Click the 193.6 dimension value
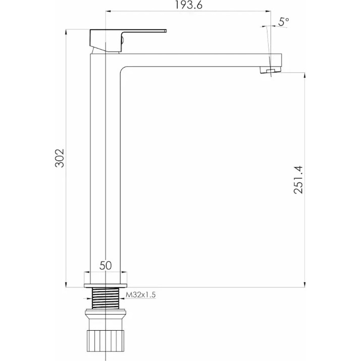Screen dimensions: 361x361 [188, 5]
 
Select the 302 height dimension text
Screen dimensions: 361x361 [60, 158]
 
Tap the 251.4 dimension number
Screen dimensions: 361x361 [298, 180]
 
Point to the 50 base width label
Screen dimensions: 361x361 [106, 266]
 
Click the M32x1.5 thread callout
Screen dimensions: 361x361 [141, 295]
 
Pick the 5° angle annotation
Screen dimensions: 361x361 [283, 22]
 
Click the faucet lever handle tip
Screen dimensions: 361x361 [165, 31]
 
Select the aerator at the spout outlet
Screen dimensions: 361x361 [271, 70]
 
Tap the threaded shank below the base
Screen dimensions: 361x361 [106, 298]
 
